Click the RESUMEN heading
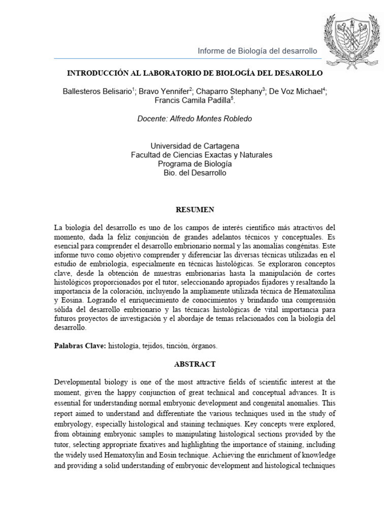pos(194,209)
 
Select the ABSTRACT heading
pos(195,364)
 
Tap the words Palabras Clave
pos(77,346)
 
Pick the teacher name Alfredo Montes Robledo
pos(208,118)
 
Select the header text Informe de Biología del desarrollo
pos(257,51)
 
